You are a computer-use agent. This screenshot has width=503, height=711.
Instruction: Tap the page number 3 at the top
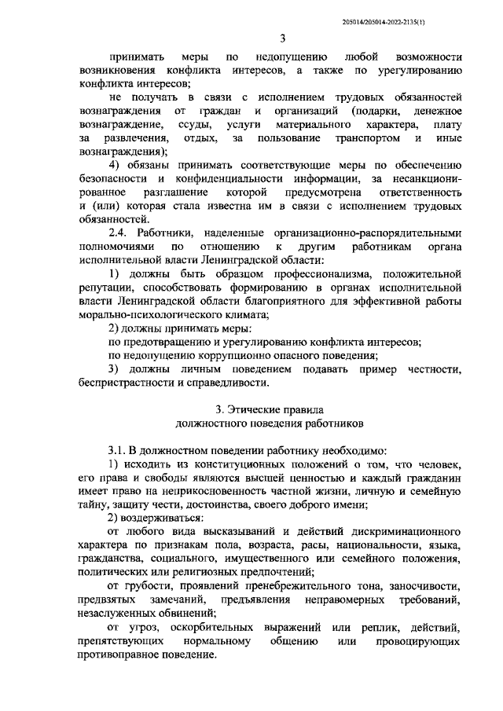tap(281, 38)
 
